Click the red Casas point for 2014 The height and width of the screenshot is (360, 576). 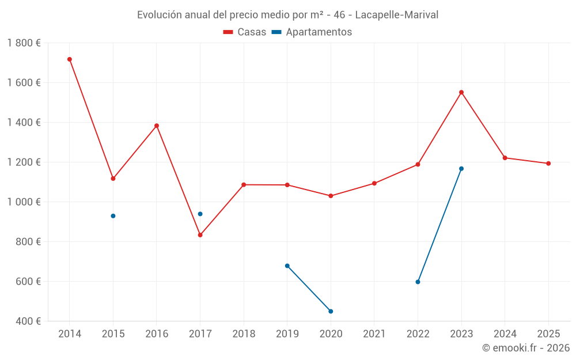click(x=70, y=59)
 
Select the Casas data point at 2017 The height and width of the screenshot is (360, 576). click(x=200, y=235)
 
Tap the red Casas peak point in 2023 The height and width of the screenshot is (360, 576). click(x=461, y=92)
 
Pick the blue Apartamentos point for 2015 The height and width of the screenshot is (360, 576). click(x=113, y=216)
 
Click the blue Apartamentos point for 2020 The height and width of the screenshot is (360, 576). click(x=331, y=312)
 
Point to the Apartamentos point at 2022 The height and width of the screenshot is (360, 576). click(x=418, y=282)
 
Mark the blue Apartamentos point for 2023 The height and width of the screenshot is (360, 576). click(x=461, y=169)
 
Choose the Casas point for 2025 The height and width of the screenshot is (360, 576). click(x=548, y=164)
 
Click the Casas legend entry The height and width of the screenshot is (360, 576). click(x=245, y=32)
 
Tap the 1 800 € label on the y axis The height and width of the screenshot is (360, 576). click(x=24, y=43)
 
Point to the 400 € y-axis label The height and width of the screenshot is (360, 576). click(x=28, y=321)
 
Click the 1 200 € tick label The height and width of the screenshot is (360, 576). click(x=24, y=162)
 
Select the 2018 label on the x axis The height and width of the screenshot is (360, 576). click(x=244, y=334)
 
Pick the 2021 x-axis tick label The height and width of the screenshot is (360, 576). click(x=374, y=334)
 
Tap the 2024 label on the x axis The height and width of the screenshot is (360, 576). click(x=505, y=334)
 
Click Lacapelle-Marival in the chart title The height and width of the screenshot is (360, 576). click(x=397, y=15)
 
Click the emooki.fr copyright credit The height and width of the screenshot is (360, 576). click(x=526, y=348)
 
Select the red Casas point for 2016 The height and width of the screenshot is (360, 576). click(x=157, y=126)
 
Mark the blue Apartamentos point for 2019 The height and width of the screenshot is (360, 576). click(x=287, y=266)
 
